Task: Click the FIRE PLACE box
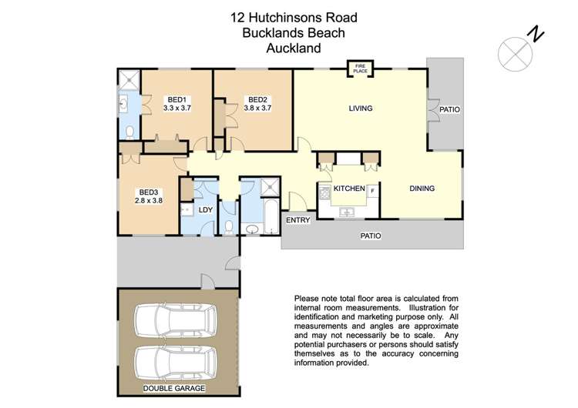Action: (x=358, y=69)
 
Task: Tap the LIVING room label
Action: (x=360, y=109)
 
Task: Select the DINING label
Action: (x=422, y=189)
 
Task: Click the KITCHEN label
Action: (x=348, y=189)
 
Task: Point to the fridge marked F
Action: (x=372, y=190)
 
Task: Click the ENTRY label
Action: (x=297, y=220)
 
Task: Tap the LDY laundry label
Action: (x=205, y=209)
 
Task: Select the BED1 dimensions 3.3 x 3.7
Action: (x=177, y=109)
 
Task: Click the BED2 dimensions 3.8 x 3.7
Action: (x=257, y=109)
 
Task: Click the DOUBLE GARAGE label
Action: (x=174, y=388)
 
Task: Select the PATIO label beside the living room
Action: (x=449, y=109)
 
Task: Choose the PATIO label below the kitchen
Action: (x=371, y=236)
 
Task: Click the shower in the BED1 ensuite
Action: (x=129, y=79)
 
